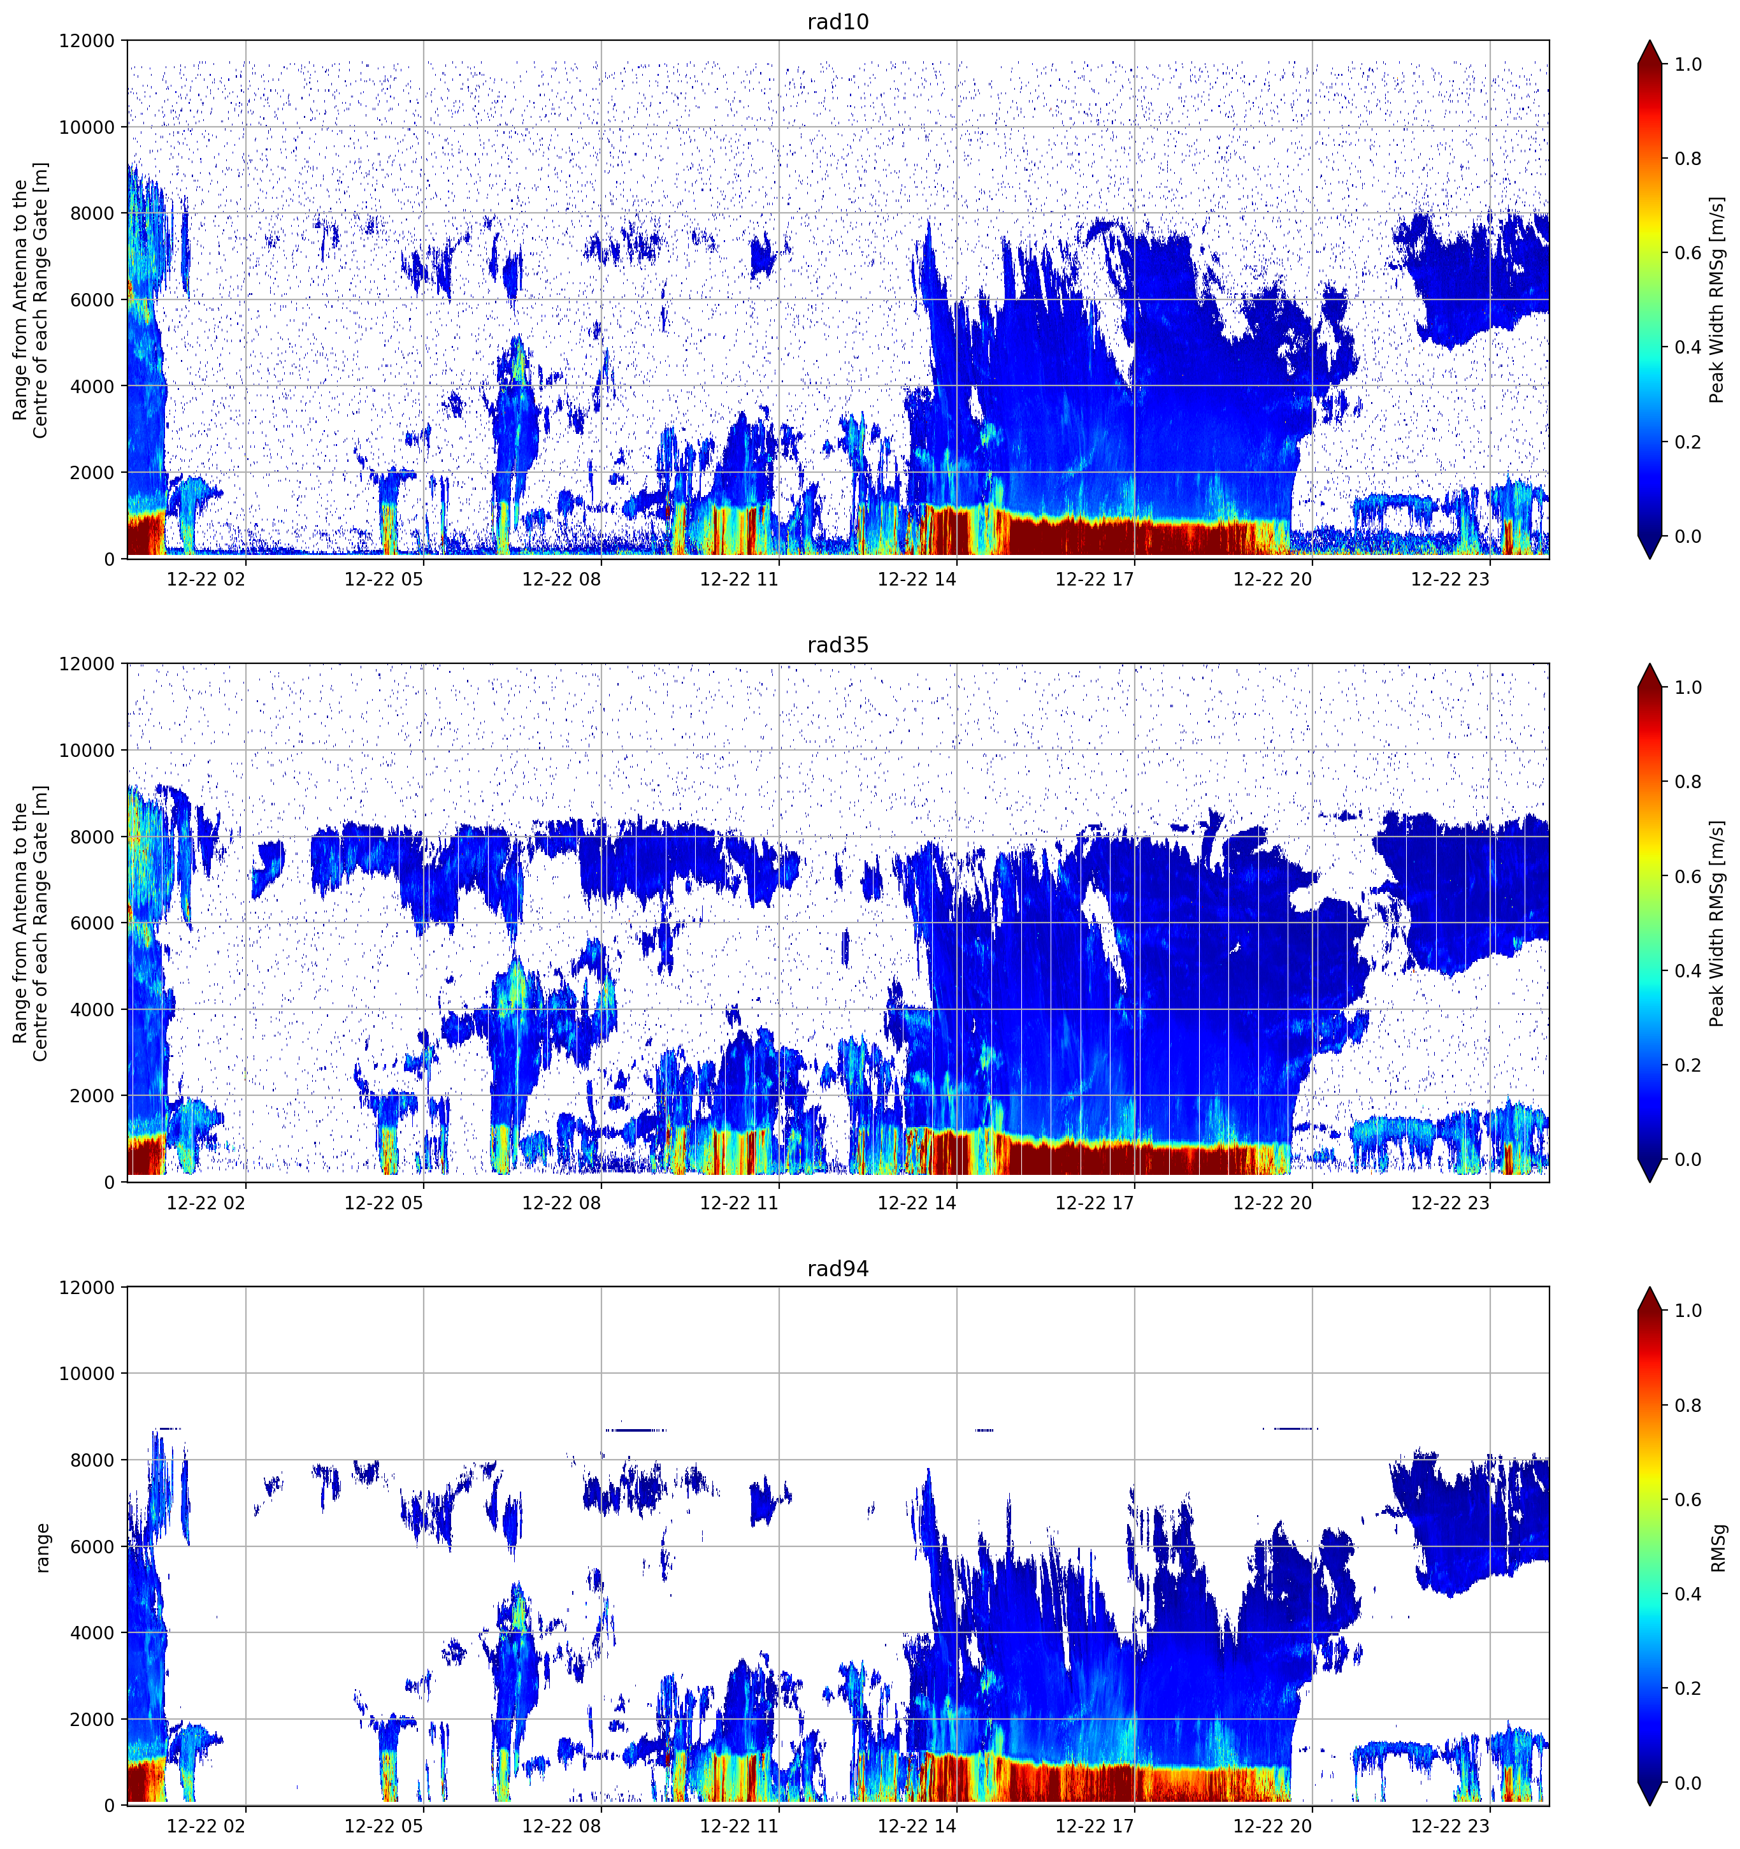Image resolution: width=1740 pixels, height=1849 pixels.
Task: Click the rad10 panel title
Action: coord(838,22)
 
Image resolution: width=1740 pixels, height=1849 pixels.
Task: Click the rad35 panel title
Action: coord(838,645)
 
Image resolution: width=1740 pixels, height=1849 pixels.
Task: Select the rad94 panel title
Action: coord(838,1269)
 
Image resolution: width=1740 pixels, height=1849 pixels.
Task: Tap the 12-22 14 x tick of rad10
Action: coord(917,579)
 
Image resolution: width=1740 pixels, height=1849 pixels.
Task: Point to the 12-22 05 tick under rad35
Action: coord(383,1202)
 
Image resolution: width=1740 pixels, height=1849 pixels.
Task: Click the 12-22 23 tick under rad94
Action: coord(1450,1826)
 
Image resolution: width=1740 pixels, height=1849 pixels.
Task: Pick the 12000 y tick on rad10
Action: coord(87,41)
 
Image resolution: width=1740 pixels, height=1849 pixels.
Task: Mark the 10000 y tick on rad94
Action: coord(87,1374)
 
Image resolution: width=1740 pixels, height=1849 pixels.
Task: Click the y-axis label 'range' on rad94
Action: coord(42,1547)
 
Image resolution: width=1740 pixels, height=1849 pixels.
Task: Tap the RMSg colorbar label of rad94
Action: coord(1718,1547)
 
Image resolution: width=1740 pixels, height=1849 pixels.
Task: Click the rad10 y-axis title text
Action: coord(31,299)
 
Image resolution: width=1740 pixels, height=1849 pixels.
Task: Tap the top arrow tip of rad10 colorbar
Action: coord(1649,40)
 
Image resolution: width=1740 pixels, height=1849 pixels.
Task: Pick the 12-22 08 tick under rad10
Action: coord(562,579)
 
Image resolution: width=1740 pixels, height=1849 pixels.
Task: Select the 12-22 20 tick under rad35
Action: coord(1272,1202)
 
